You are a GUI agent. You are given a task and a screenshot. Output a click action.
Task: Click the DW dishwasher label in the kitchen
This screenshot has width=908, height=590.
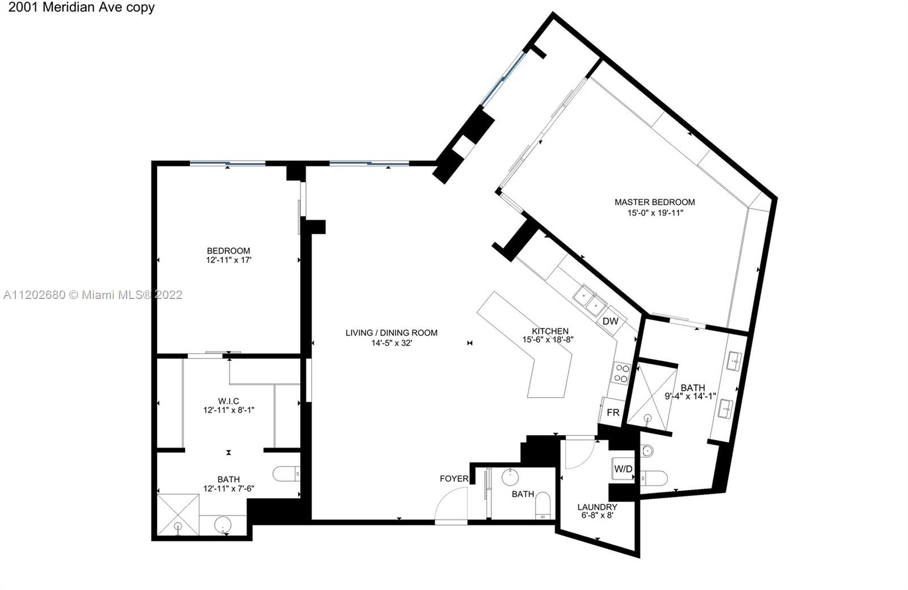(x=611, y=321)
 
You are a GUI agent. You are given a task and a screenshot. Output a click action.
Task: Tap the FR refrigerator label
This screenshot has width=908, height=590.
(x=613, y=412)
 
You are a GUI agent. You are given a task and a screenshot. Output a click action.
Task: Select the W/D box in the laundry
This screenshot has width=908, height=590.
(x=623, y=469)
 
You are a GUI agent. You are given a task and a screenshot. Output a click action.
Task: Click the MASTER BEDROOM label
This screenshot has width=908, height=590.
(x=655, y=202)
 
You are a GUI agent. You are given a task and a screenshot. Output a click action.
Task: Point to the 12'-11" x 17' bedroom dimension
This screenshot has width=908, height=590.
(x=229, y=260)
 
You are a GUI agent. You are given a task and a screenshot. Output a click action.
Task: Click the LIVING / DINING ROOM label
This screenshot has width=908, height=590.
(x=392, y=332)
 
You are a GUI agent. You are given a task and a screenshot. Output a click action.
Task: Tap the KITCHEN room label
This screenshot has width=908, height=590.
(x=550, y=331)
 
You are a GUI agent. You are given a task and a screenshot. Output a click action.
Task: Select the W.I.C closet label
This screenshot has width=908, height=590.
(x=229, y=401)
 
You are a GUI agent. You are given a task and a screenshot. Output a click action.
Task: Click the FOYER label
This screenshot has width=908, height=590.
(x=454, y=479)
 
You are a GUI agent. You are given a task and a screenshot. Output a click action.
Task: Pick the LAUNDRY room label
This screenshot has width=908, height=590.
(x=597, y=507)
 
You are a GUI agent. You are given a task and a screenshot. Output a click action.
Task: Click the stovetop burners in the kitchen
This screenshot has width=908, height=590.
(x=621, y=373)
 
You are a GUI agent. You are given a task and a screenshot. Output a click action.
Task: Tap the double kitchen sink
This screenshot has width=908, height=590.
(x=590, y=300)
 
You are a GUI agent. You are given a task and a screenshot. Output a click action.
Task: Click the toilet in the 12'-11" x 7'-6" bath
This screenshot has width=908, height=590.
(x=287, y=474)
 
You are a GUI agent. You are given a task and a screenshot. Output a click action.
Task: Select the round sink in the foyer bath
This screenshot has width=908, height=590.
(x=510, y=477)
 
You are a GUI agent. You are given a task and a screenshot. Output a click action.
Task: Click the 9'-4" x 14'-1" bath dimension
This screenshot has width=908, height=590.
(x=690, y=397)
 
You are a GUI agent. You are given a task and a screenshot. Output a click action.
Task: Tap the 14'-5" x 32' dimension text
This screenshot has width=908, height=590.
(x=392, y=343)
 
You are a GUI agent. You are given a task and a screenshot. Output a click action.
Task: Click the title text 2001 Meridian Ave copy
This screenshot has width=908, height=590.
(x=82, y=7)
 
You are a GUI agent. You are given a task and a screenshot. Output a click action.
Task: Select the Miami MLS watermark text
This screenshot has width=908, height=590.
(x=93, y=294)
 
